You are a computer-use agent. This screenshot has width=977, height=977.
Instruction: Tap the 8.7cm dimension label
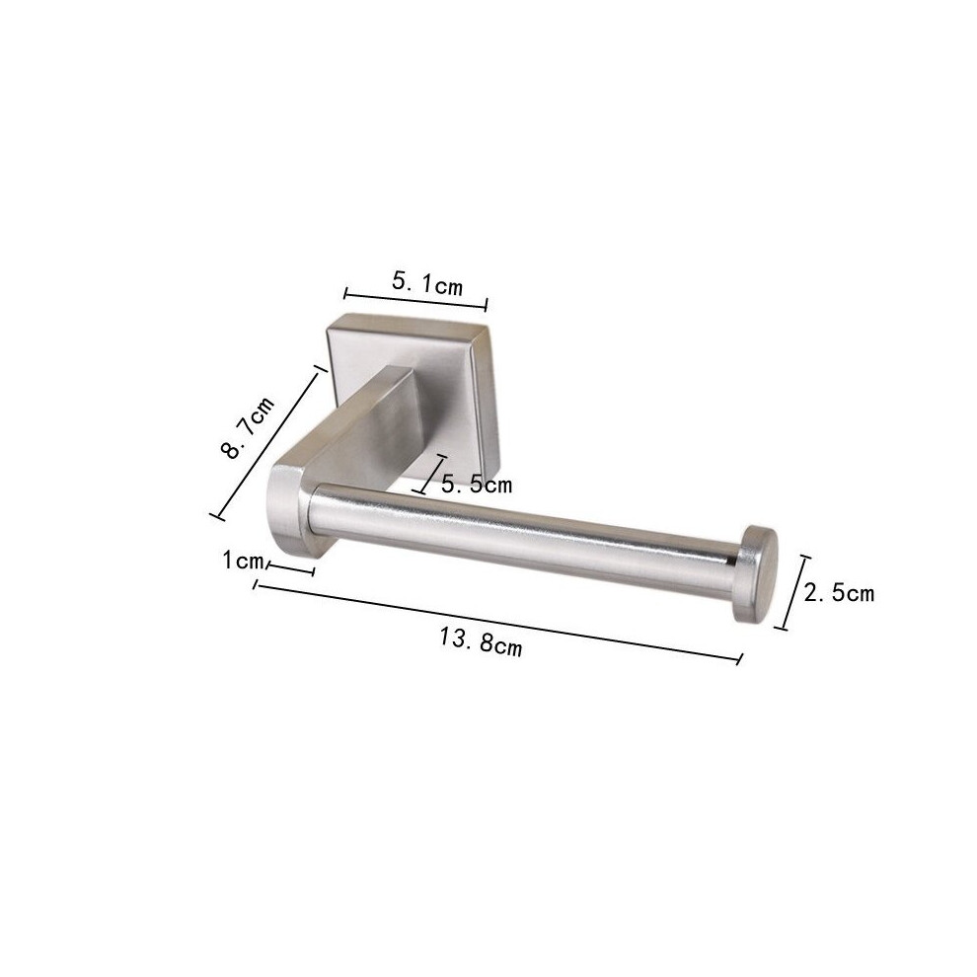[248, 428]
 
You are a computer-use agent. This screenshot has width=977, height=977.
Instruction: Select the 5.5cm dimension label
[477, 485]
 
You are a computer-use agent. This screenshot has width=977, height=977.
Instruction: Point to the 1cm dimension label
[243, 561]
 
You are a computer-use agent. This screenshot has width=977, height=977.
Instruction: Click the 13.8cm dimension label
[481, 641]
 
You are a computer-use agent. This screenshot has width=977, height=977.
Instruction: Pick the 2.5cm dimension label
[839, 592]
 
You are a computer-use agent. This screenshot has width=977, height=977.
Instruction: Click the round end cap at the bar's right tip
[756, 573]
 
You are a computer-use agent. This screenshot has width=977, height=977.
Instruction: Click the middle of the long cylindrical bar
[523, 537]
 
